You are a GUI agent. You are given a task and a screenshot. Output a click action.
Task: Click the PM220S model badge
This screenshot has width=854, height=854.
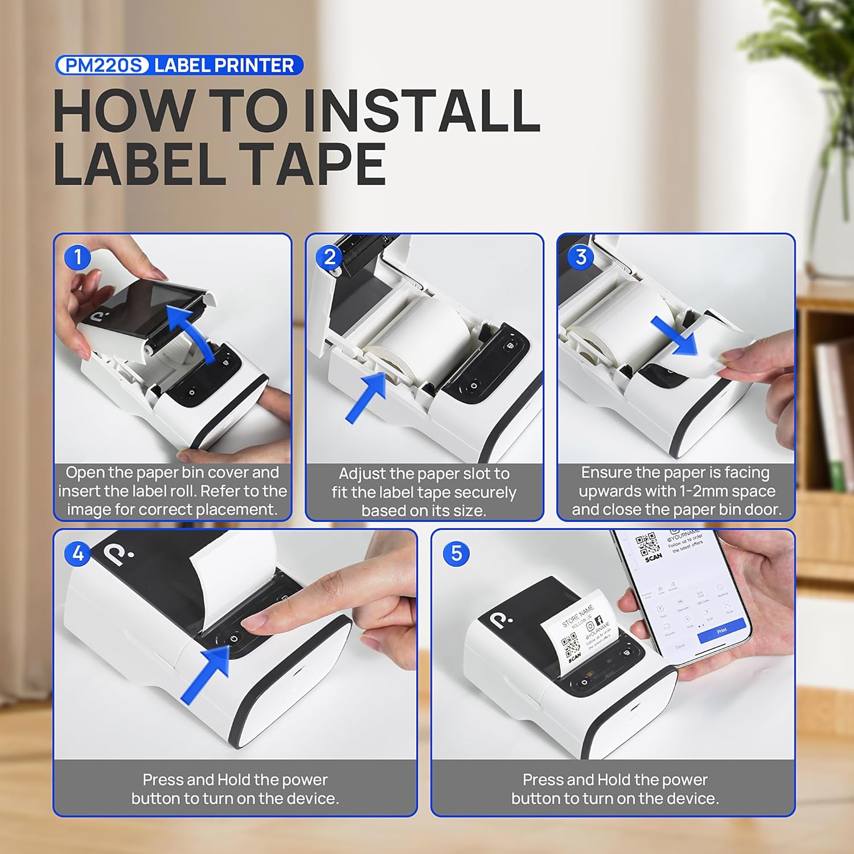[102, 65]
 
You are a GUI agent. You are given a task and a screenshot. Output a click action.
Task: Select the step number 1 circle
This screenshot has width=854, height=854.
[78, 257]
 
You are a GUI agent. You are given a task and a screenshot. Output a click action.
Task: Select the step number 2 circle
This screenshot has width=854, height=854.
[330, 257]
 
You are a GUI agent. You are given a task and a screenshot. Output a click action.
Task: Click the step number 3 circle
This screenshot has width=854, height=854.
[581, 257]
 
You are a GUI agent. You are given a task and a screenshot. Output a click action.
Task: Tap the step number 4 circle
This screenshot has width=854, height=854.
[78, 553]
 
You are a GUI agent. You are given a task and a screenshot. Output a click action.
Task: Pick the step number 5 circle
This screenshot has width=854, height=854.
[456, 553]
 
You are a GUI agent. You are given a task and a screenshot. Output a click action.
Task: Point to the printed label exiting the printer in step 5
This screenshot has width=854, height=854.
[581, 632]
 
